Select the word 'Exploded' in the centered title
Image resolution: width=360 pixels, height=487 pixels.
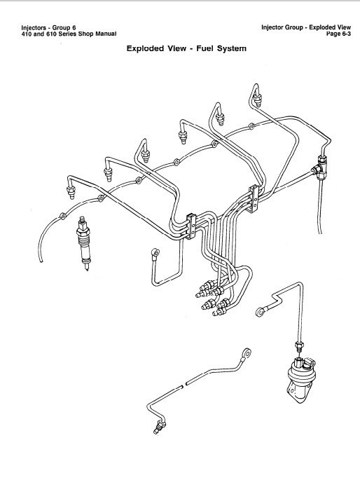[x=145, y=49]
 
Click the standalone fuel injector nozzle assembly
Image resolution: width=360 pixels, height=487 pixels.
[x=84, y=243]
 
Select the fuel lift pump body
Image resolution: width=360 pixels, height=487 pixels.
[x=300, y=380]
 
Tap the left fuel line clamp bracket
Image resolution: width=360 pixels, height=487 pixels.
[x=191, y=226]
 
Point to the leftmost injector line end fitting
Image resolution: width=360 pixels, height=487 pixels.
[x=71, y=192]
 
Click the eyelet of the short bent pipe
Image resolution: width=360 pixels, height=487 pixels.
[x=155, y=252]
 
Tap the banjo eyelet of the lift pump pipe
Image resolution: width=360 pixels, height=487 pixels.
[x=260, y=311]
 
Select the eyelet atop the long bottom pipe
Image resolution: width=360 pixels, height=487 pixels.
[x=247, y=353]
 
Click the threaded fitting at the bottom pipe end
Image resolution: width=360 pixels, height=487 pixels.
[x=160, y=427]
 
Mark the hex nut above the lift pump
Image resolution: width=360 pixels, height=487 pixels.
[x=299, y=345]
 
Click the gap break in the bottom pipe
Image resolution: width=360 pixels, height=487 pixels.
[x=184, y=385]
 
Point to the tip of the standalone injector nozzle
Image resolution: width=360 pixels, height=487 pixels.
[x=87, y=269]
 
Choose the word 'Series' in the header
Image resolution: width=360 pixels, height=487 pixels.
[x=67, y=34]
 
